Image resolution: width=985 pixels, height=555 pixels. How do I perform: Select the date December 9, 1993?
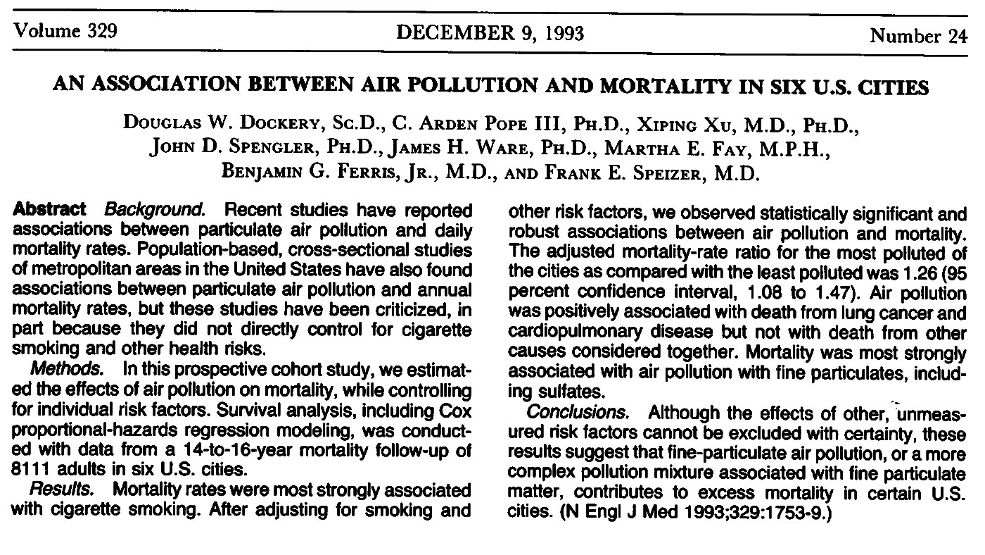point(490,32)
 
